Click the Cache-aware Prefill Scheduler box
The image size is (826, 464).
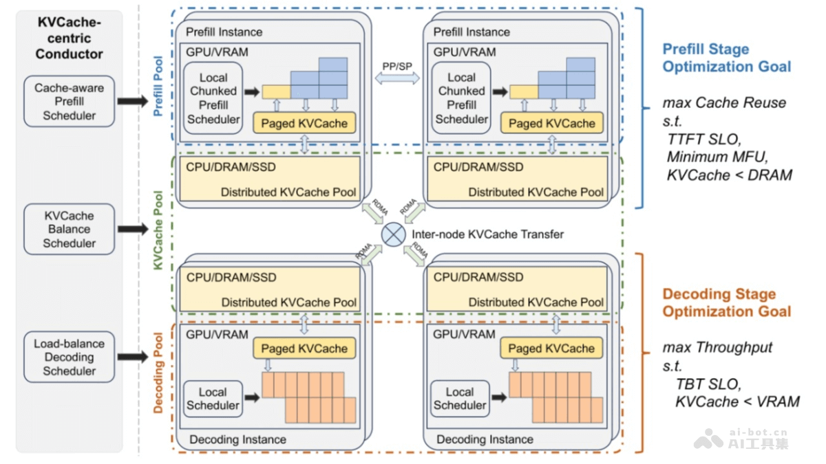pos(69,101)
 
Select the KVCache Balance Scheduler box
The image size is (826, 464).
pos(69,229)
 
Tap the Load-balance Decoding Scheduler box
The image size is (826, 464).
pos(69,357)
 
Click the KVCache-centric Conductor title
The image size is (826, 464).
pos(69,38)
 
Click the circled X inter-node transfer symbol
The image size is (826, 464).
pos(394,234)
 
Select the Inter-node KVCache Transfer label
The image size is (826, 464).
pos(487,234)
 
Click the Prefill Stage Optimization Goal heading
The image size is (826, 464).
pos(726,58)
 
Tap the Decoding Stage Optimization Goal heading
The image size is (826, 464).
pos(726,302)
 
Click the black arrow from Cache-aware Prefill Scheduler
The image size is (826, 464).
pos(132,101)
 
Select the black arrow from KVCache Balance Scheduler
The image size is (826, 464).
pos(132,229)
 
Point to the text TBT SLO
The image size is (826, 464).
pos(708,384)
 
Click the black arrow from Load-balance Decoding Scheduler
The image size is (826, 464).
pos(132,357)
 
